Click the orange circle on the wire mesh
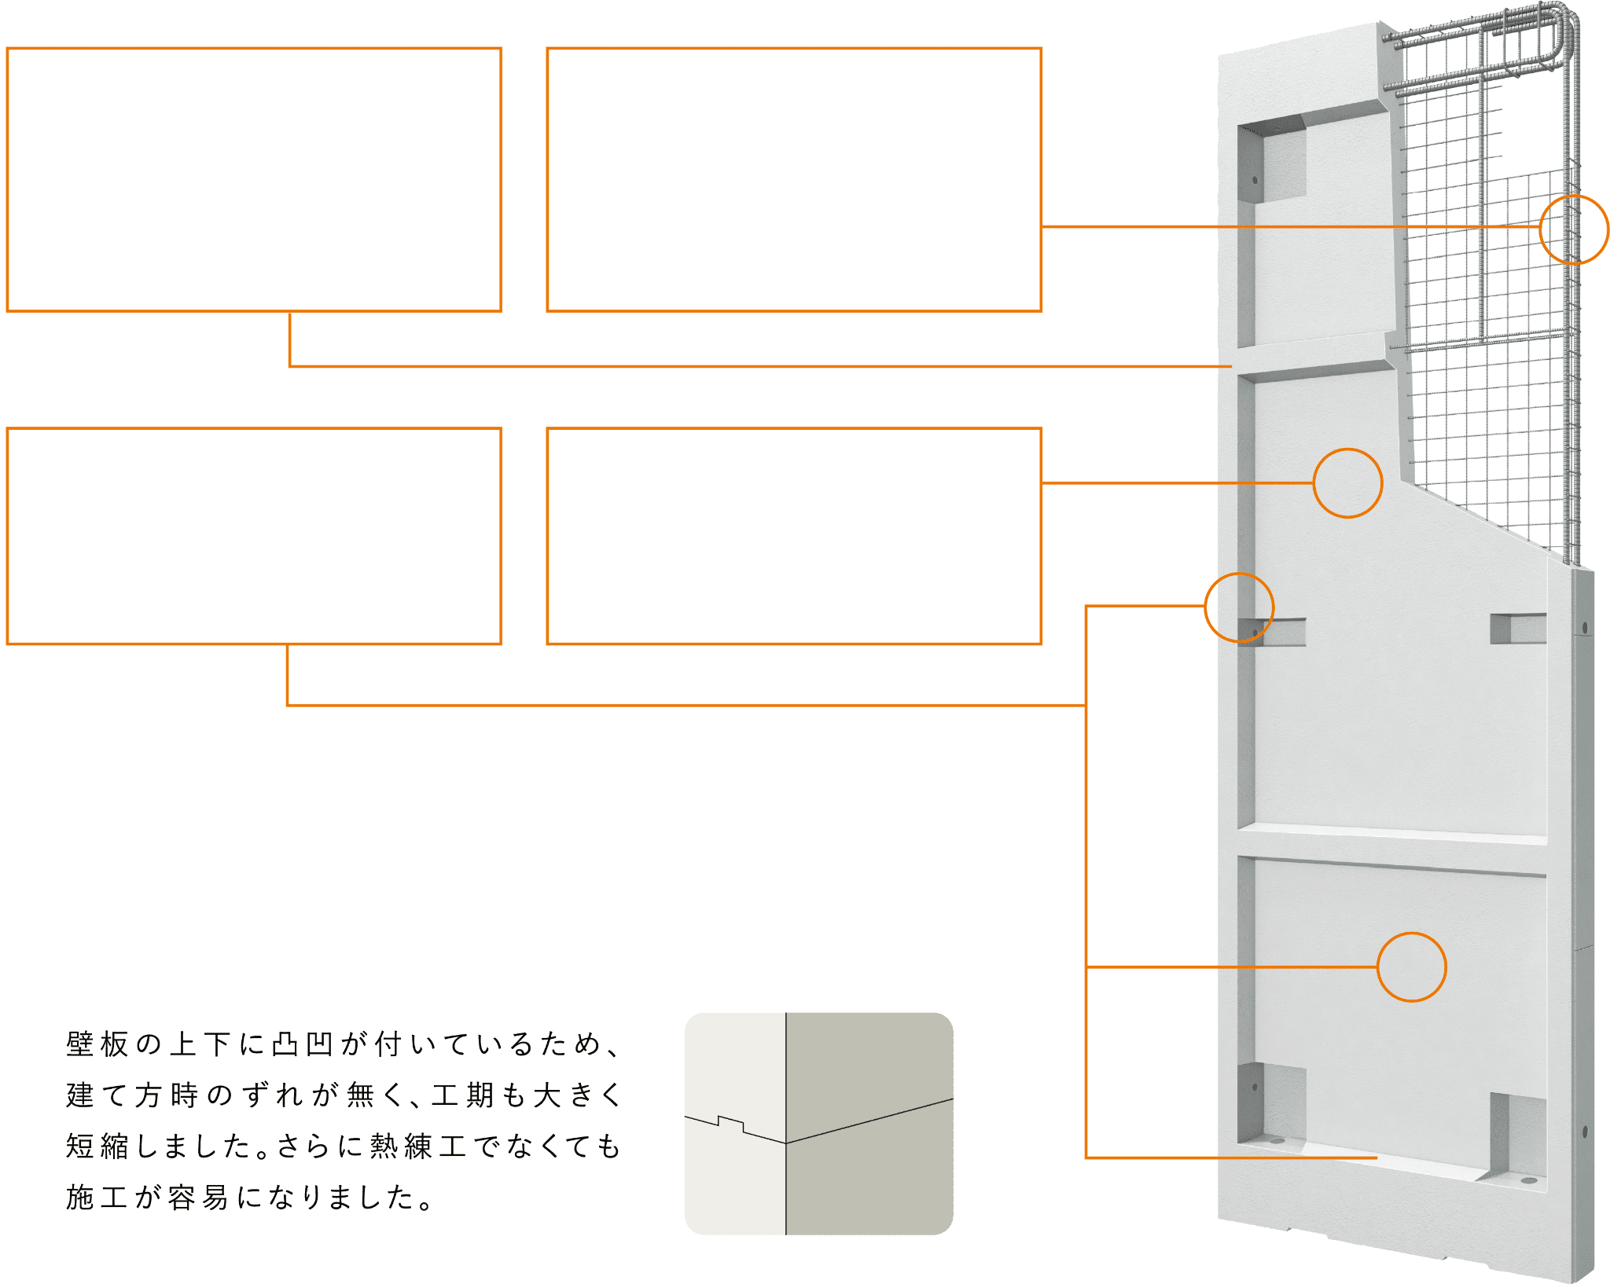pos(1574,229)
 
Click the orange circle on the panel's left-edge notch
pos(1239,607)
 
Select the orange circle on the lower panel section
pos(1411,967)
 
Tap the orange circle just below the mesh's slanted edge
pos(1347,483)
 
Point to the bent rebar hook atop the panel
pos(1541,39)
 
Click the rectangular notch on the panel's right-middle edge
pos(1517,629)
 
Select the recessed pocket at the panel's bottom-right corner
pos(1517,1135)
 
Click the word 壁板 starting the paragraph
pos(97,1044)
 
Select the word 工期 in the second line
pos(462,1095)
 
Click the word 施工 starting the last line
pos(97,1198)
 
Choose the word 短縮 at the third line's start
pos(97,1146)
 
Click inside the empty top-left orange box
pos(254,180)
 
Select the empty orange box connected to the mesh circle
pos(794,180)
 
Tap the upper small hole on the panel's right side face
pos(1585,628)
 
